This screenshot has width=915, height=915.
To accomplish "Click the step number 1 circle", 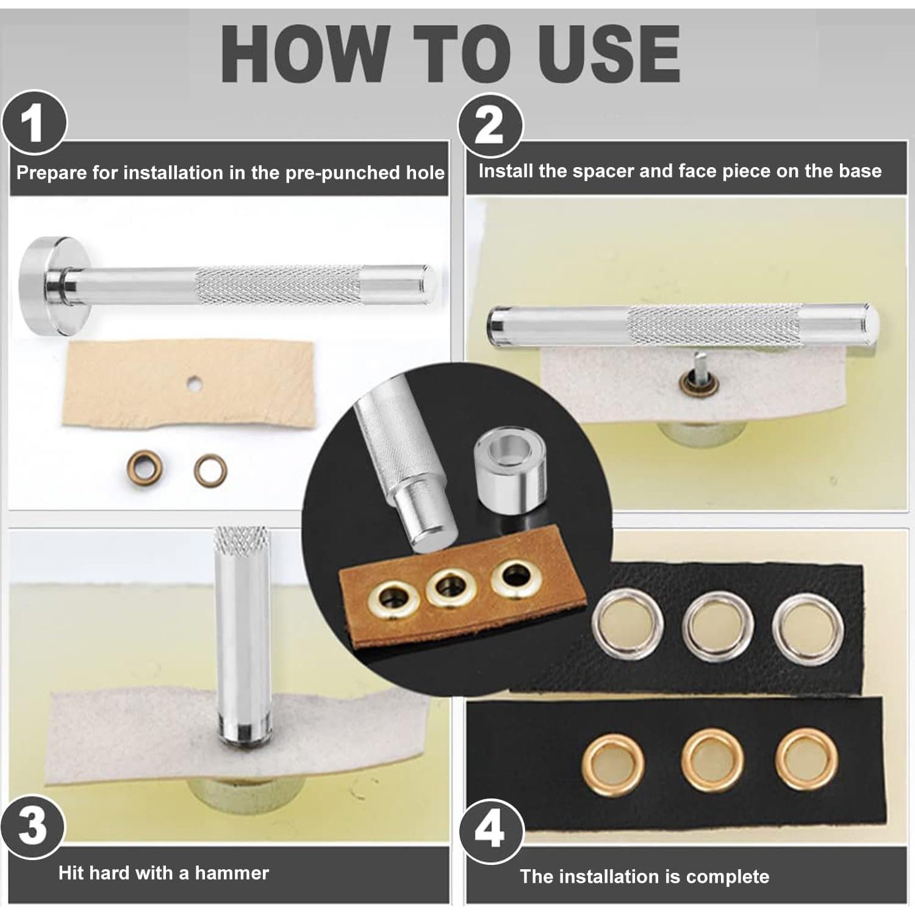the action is (34, 124).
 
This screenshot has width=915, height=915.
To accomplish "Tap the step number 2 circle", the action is (490, 126).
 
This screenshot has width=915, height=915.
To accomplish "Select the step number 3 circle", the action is (33, 827).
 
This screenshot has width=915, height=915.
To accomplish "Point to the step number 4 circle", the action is (490, 830).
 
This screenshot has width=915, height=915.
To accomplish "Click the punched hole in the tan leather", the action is (195, 384).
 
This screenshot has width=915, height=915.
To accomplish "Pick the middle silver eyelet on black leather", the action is (718, 626).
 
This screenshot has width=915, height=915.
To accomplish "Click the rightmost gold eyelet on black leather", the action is (808, 759).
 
